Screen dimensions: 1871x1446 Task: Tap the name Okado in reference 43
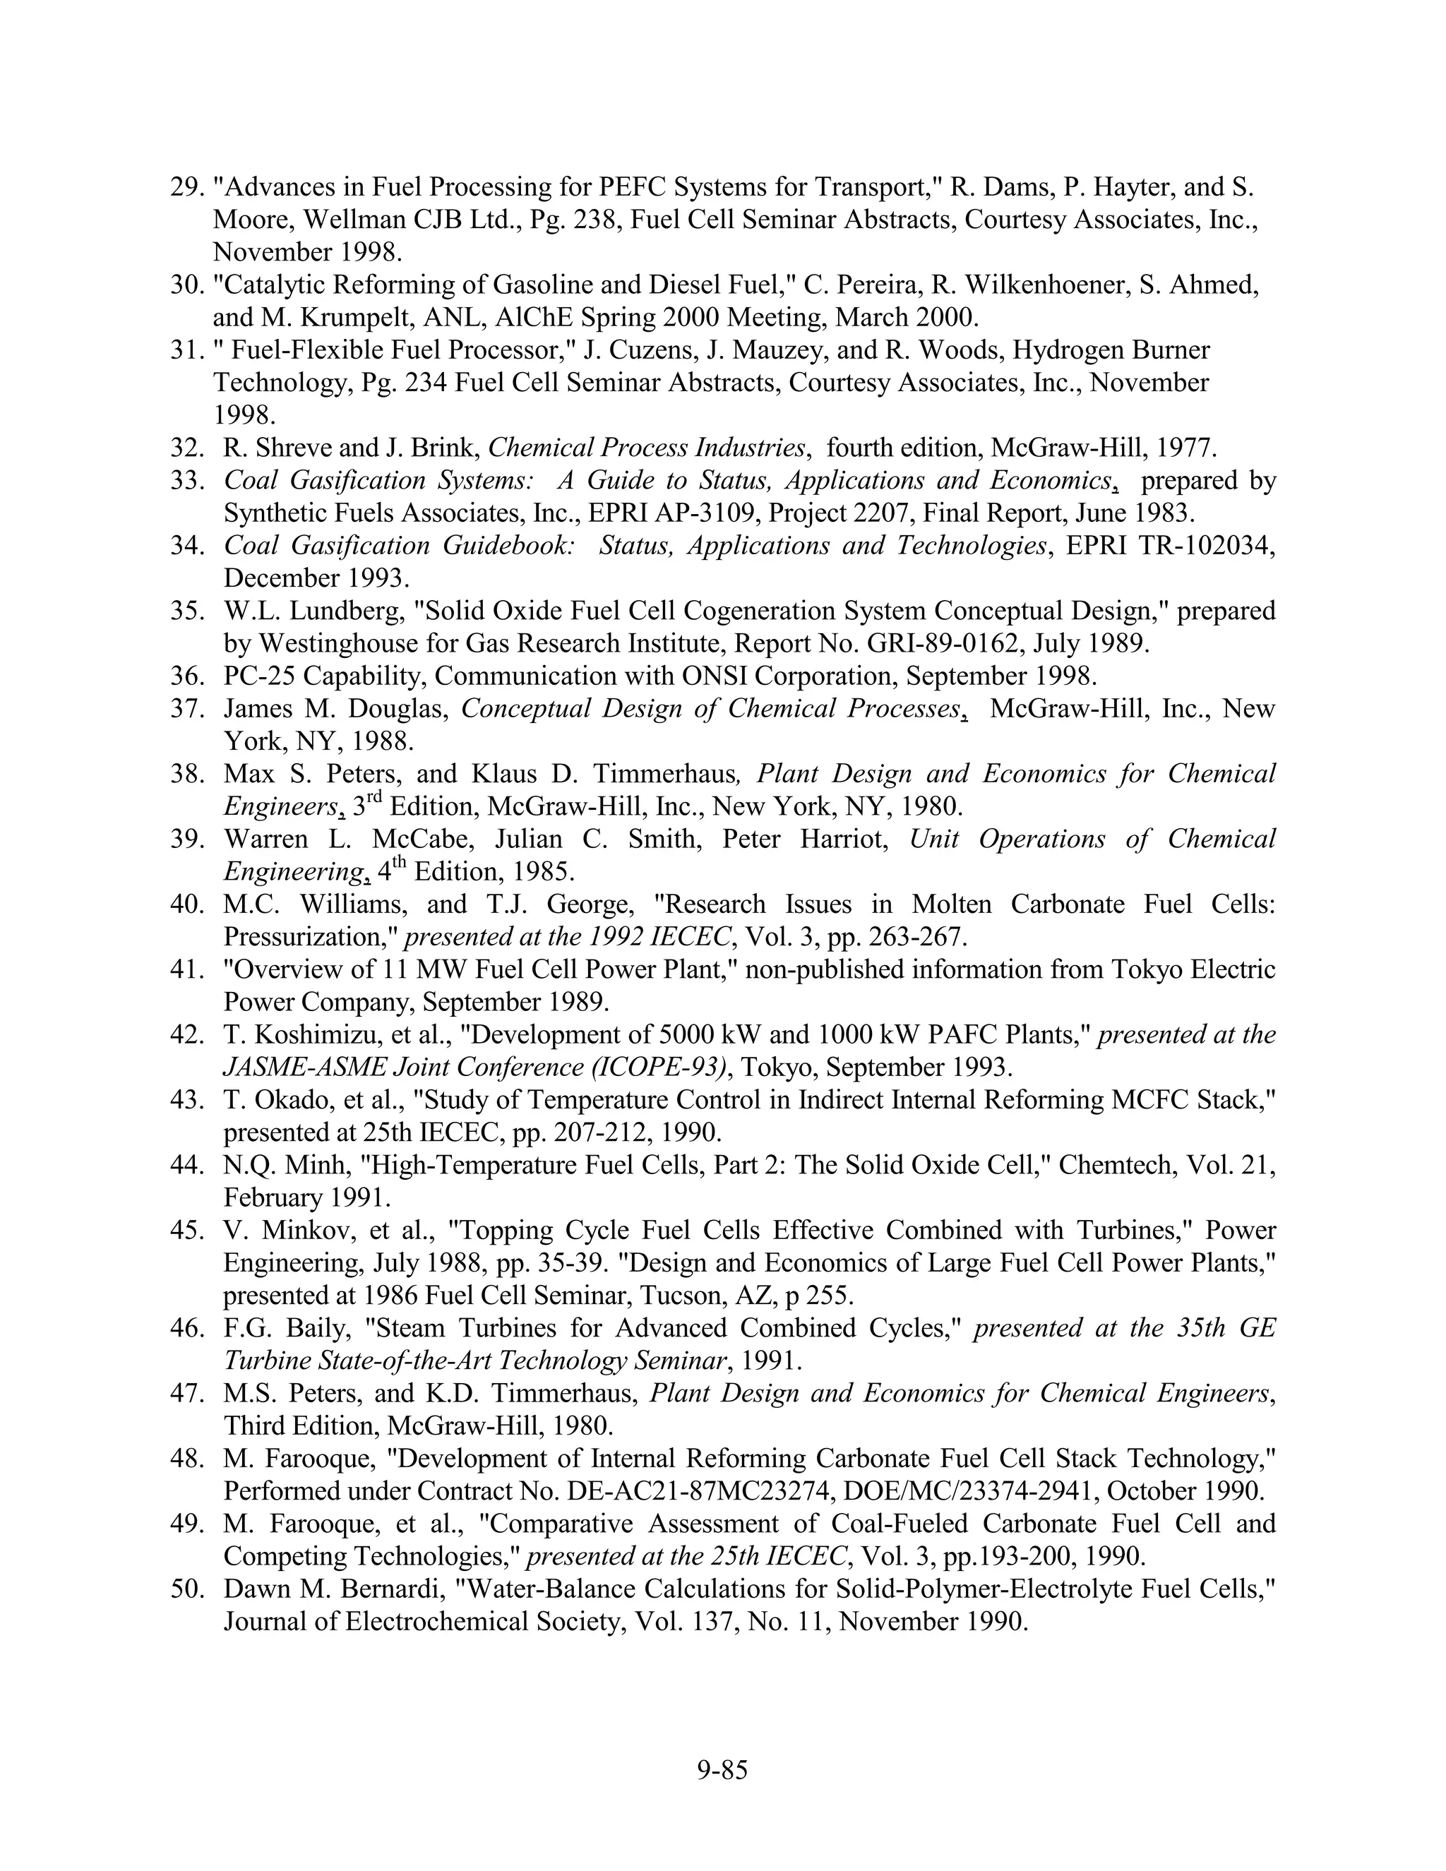(x=285, y=1099)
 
